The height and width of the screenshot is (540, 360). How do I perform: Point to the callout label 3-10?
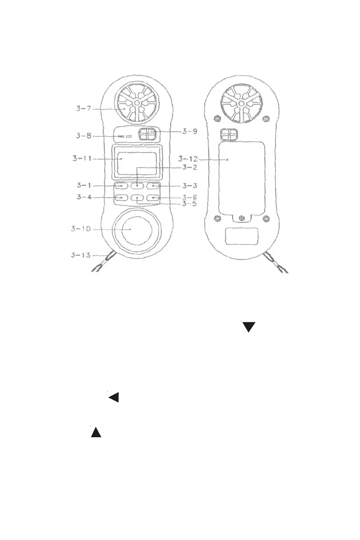point(82,229)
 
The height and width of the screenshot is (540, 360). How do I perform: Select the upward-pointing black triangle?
point(95,432)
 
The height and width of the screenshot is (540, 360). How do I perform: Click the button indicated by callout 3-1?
point(120,186)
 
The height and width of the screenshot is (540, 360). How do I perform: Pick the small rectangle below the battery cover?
point(242,237)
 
